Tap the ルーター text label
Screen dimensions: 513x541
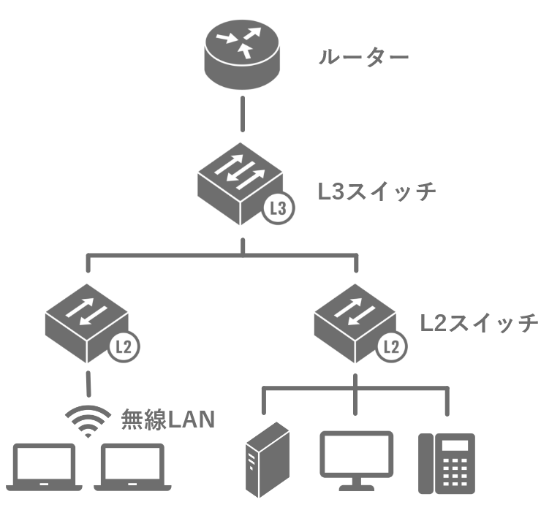pyautogui.click(x=363, y=57)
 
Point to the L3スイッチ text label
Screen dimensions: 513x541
pyautogui.click(x=377, y=191)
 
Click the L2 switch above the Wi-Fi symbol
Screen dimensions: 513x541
pyautogui.click(x=86, y=322)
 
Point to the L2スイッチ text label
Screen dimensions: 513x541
pyautogui.click(x=479, y=322)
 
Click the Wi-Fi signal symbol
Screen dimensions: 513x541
pyautogui.click(x=87, y=421)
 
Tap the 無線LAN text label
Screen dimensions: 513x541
pyautogui.click(x=167, y=419)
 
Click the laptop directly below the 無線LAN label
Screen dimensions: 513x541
pyautogui.click(x=135, y=467)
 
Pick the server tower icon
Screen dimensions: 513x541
pyautogui.click(x=268, y=458)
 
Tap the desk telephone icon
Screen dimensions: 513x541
pyautogui.click(x=446, y=463)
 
